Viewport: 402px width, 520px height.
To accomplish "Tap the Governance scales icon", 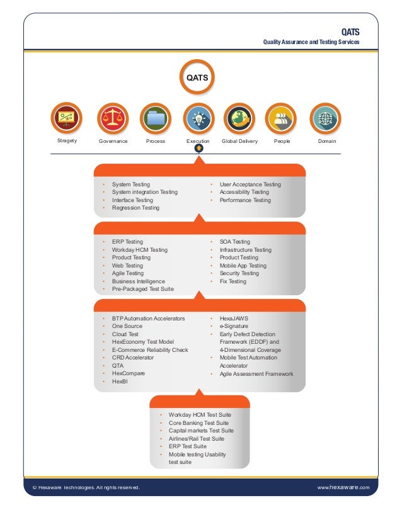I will click(x=113, y=118).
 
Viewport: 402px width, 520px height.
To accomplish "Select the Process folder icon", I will click(x=156, y=118).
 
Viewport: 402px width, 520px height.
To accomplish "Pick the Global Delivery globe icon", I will click(x=239, y=118).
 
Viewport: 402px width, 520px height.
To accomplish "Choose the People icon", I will click(x=282, y=118).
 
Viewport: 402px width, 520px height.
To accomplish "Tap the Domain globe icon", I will click(x=326, y=118).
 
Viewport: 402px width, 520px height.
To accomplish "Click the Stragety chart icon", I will click(x=67, y=118).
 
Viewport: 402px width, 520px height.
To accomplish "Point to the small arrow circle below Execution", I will click(x=198, y=149).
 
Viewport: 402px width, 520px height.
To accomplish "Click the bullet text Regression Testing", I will click(x=135, y=208).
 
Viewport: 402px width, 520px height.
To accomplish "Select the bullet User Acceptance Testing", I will click(x=250, y=184).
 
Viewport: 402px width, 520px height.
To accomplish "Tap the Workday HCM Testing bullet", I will click(x=140, y=250).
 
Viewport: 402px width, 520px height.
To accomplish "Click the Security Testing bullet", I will click(x=239, y=274).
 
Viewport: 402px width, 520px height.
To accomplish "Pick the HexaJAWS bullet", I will click(x=234, y=319).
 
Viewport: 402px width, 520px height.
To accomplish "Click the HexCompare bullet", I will click(x=129, y=373).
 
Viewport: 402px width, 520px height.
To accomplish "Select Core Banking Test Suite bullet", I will click(x=198, y=423).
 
